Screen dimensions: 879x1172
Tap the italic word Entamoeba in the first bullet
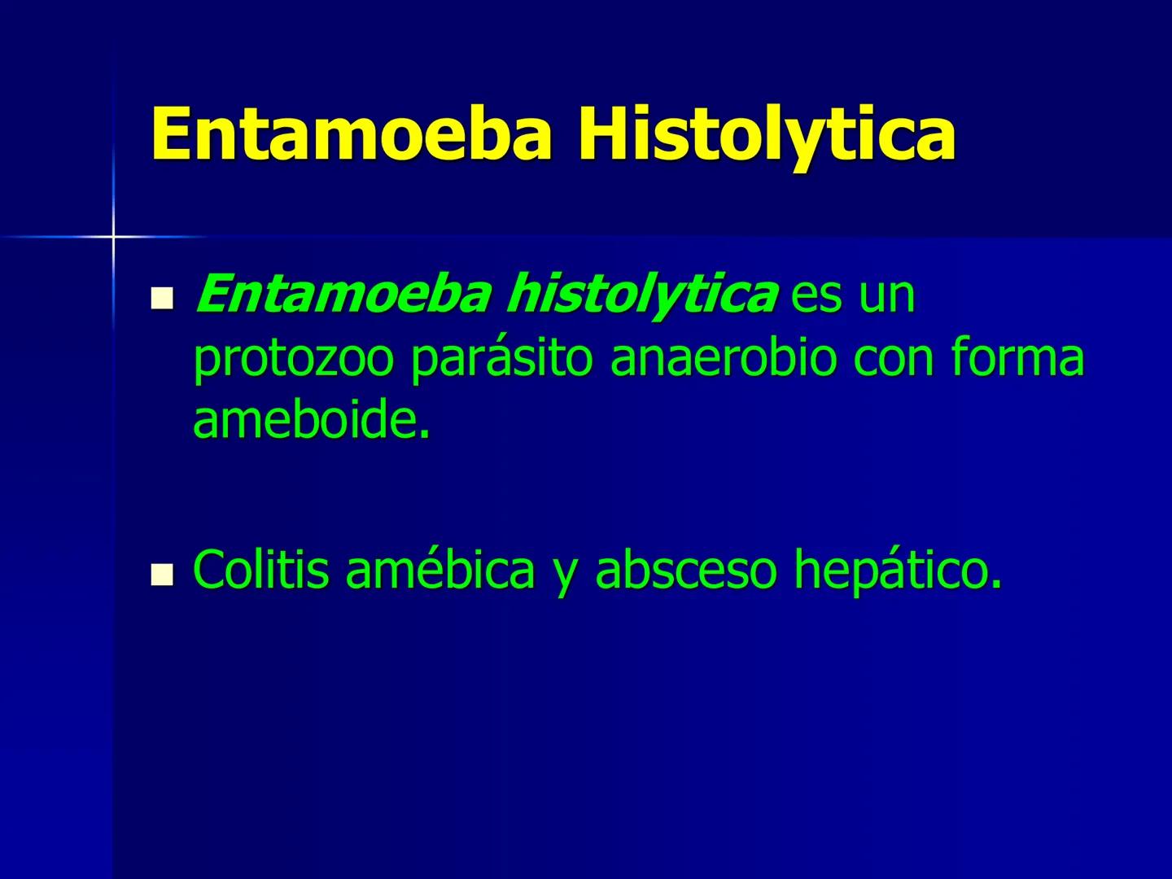(x=343, y=295)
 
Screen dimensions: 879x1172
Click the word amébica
(x=440, y=570)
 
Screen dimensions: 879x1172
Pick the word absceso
(x=687, y=570)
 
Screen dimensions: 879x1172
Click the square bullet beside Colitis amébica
(x=163, y=576)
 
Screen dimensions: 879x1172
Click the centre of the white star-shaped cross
(x=113, y=237)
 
